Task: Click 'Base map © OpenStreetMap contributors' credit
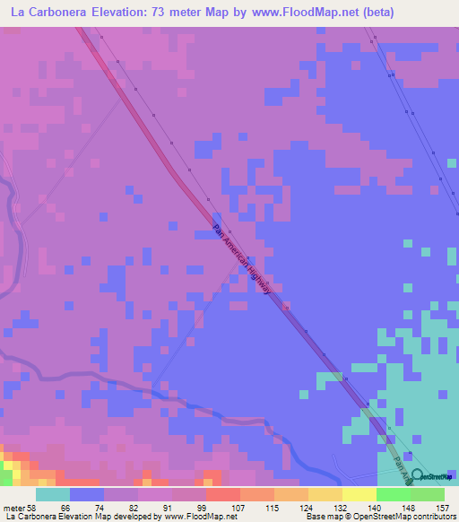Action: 380,517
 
